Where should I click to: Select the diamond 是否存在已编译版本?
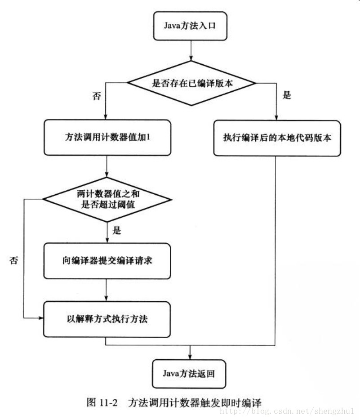[x=192, y=83]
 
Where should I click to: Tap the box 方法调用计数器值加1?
[x=107, y=137]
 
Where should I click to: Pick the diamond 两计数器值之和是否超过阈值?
[x=107, y=198]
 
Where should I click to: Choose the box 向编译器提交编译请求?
[x=107, y=260]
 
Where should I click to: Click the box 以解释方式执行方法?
[x=107, y=320]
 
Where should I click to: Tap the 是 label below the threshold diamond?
[x=117, y=231]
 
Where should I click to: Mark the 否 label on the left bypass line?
[x=13, y=260]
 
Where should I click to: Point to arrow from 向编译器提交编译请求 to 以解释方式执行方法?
[x=107, y=290]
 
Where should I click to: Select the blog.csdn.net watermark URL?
[x=289, y=411]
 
